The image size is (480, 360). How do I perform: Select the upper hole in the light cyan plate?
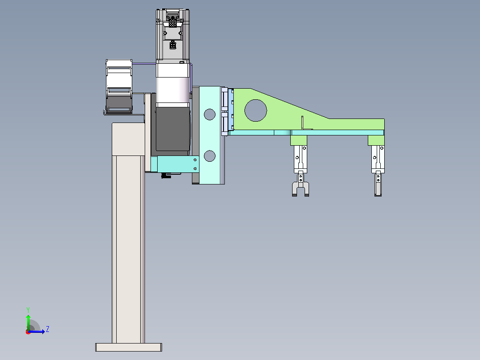[x=209, y=114]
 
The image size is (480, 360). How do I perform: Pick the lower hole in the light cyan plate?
[x=209, y=156]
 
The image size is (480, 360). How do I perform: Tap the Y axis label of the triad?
[x=28, y=310]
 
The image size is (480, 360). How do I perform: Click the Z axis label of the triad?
[x=48, y=329]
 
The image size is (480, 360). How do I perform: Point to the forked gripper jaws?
[x=300, y=189]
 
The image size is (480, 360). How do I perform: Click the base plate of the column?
[x=129, y=347]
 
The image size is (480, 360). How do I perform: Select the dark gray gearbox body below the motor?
[x=173, y=129]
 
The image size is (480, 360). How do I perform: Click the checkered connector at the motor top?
[x=173, y=22]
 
